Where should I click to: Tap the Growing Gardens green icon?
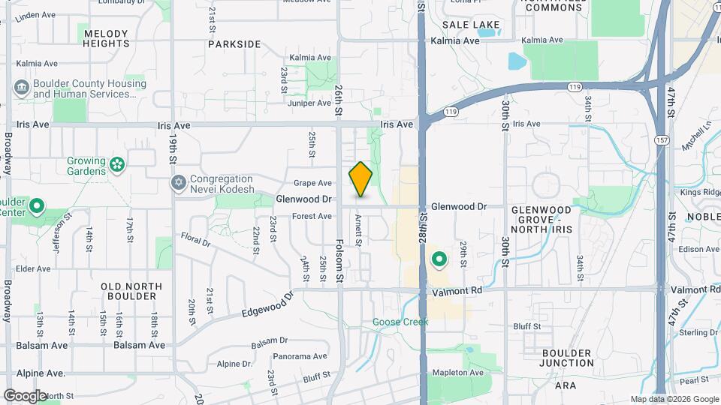[116, 164]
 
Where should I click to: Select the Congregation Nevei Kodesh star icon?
[179, 183]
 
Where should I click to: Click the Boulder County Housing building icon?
[21, 88]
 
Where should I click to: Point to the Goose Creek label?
[400, 322]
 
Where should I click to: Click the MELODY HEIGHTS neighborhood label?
[107, 39]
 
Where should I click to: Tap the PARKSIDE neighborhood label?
[234, 44]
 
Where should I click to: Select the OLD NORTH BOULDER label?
[132, 292]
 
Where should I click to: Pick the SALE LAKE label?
[471, 25]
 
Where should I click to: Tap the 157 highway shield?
[662, 140]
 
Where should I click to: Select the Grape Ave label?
[312, 183]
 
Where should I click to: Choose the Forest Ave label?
[312, 217]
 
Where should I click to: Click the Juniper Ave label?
[309, 103]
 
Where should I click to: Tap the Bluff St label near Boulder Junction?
[526, 326]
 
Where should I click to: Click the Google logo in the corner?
[25, 395]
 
